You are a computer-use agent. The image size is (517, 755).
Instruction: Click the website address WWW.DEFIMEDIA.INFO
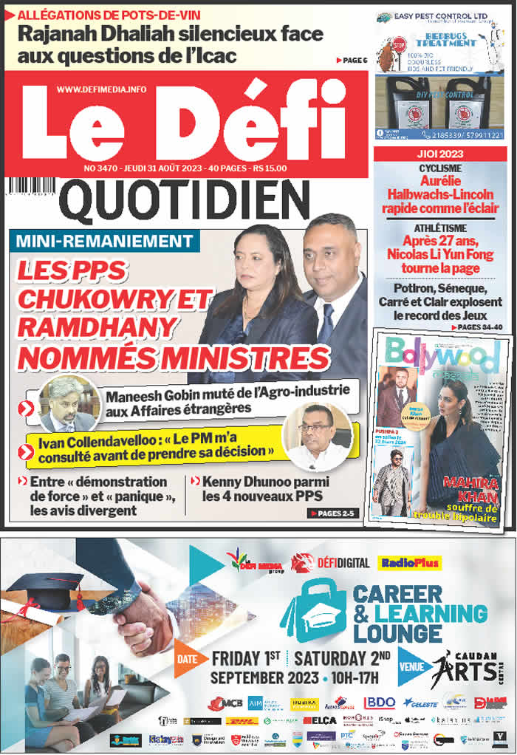click(x=101, y=89)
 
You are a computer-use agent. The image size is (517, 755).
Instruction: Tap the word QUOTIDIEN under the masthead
click(x=185, y=202)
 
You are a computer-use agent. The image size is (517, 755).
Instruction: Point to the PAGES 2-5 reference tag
click(x=335, y=513)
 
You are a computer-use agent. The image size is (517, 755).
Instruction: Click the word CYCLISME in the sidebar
click(x=441, y=168)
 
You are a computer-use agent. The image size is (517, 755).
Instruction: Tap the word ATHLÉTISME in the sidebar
click(x=441, y=228)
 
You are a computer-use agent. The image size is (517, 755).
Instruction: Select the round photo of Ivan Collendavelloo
click(x=318, y=436)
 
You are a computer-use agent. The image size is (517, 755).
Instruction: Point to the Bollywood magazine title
click(x=441, y=355)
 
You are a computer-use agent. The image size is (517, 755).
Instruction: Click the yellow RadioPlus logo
click(x=410, y=563)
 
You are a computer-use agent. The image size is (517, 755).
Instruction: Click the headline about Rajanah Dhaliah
click(x=170, y=44)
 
